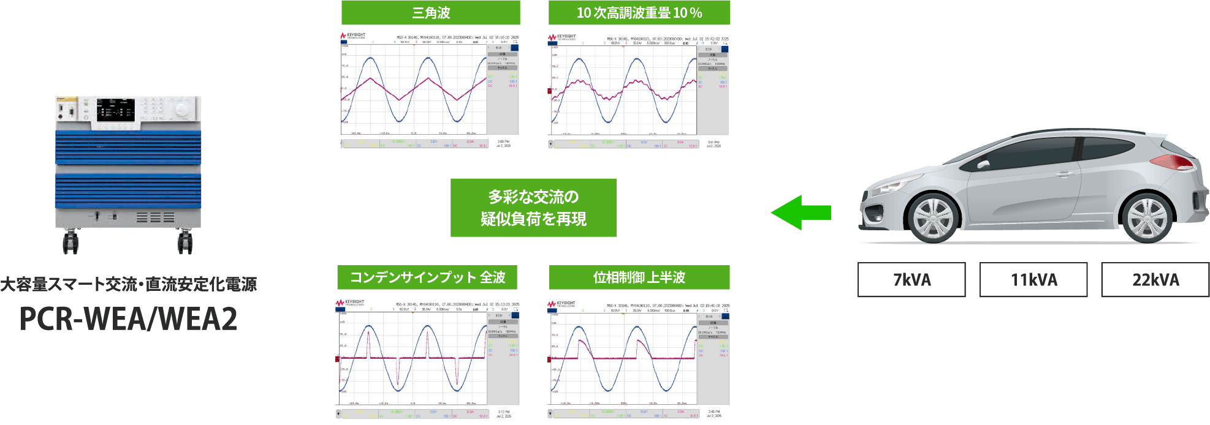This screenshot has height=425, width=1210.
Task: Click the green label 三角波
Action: pos(430,13)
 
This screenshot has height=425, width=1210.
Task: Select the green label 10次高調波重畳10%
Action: pos(639,13)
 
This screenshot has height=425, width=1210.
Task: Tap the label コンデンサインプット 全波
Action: pos(427,277)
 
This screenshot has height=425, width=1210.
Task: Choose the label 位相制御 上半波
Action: pos(639,277)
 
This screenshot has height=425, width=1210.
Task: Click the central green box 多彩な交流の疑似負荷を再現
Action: pos(533,208)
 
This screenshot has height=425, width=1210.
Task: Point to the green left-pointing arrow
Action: pos(800,212)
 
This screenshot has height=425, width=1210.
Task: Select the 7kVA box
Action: pos(911,280)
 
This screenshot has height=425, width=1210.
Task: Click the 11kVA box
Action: pos(1033,280)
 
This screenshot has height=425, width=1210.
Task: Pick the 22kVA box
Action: pos(1155,280)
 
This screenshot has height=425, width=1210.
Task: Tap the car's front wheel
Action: pos(933,219)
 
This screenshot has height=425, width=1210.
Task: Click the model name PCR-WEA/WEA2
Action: pos(128,319)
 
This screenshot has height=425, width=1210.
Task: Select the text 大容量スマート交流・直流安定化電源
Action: pos(128,284)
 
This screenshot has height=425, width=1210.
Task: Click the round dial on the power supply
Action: pos(182,110)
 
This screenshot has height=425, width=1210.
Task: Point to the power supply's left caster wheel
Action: pos(70,242)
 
